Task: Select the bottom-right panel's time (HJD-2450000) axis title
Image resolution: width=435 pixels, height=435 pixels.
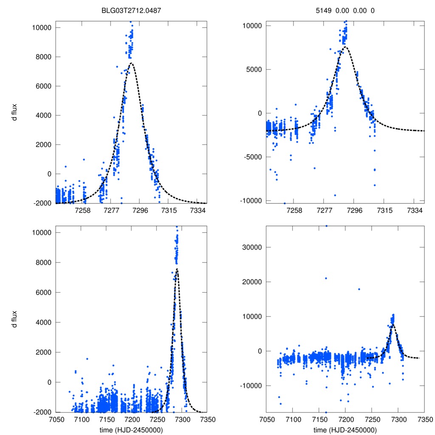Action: point(345,429)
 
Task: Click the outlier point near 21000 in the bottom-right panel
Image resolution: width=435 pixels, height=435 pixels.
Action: point(326,278)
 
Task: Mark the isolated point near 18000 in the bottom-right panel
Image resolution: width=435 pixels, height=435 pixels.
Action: point(359,289)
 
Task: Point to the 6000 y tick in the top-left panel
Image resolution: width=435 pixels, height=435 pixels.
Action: point(43,86)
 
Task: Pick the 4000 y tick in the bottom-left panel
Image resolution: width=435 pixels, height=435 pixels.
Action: point(43,322)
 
